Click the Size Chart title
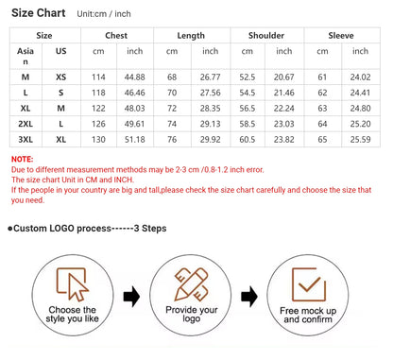39,13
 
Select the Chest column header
116,35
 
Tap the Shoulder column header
266,35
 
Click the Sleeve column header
341,35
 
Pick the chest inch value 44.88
134,77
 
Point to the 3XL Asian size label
26,139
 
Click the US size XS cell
60,77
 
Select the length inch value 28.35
210,109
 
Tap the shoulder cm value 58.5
247,124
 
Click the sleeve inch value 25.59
360,139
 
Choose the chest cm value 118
98,93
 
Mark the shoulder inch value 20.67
283,77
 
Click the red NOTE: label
22,159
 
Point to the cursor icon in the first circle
77,286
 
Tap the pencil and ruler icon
191,284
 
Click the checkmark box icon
309,284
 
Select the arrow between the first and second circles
131,297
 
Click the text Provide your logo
192,314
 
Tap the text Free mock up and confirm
308,315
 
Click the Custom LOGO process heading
87,229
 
